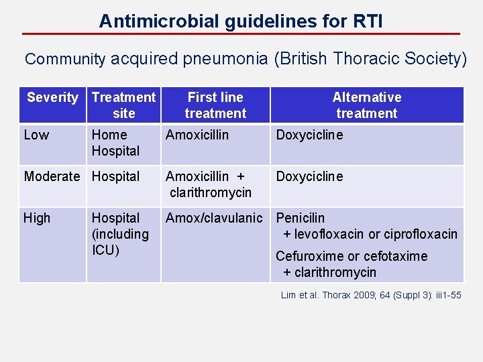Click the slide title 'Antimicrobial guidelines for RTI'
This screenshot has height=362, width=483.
241,21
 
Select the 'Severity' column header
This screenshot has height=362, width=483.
52,98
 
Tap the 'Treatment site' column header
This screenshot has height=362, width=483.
123,105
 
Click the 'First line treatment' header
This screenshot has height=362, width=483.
215,105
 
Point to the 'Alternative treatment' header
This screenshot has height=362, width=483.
366,105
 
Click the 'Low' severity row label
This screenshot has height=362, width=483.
36,135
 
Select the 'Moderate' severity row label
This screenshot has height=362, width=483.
54,177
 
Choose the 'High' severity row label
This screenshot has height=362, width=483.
37,219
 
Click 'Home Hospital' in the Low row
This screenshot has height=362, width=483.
115,143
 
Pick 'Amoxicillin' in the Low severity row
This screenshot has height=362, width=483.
197,135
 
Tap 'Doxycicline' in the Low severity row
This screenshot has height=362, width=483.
309,135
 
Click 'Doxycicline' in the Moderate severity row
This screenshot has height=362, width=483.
309,177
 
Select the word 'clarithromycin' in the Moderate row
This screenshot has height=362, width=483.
211,193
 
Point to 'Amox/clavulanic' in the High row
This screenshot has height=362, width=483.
214,219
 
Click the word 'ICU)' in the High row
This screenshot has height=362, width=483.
105,251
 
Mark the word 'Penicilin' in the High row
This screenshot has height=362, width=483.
301,219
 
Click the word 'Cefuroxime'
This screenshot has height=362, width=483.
309,256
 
